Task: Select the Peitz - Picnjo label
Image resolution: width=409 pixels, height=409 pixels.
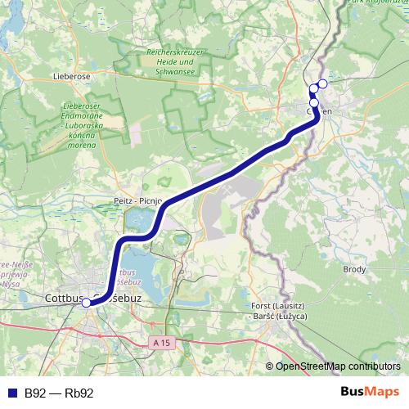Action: (140, 200)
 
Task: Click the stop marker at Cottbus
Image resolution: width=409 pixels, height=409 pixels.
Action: (87, 303)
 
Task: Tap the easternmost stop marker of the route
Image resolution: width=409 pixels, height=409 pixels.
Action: (323, 83)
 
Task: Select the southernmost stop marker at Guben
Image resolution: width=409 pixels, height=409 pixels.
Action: (314, 103)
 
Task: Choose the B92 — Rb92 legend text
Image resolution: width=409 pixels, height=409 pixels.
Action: (59, 393)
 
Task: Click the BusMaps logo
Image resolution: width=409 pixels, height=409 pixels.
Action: (371, 392)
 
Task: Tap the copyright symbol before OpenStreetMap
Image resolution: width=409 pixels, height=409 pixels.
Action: (269, 366)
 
